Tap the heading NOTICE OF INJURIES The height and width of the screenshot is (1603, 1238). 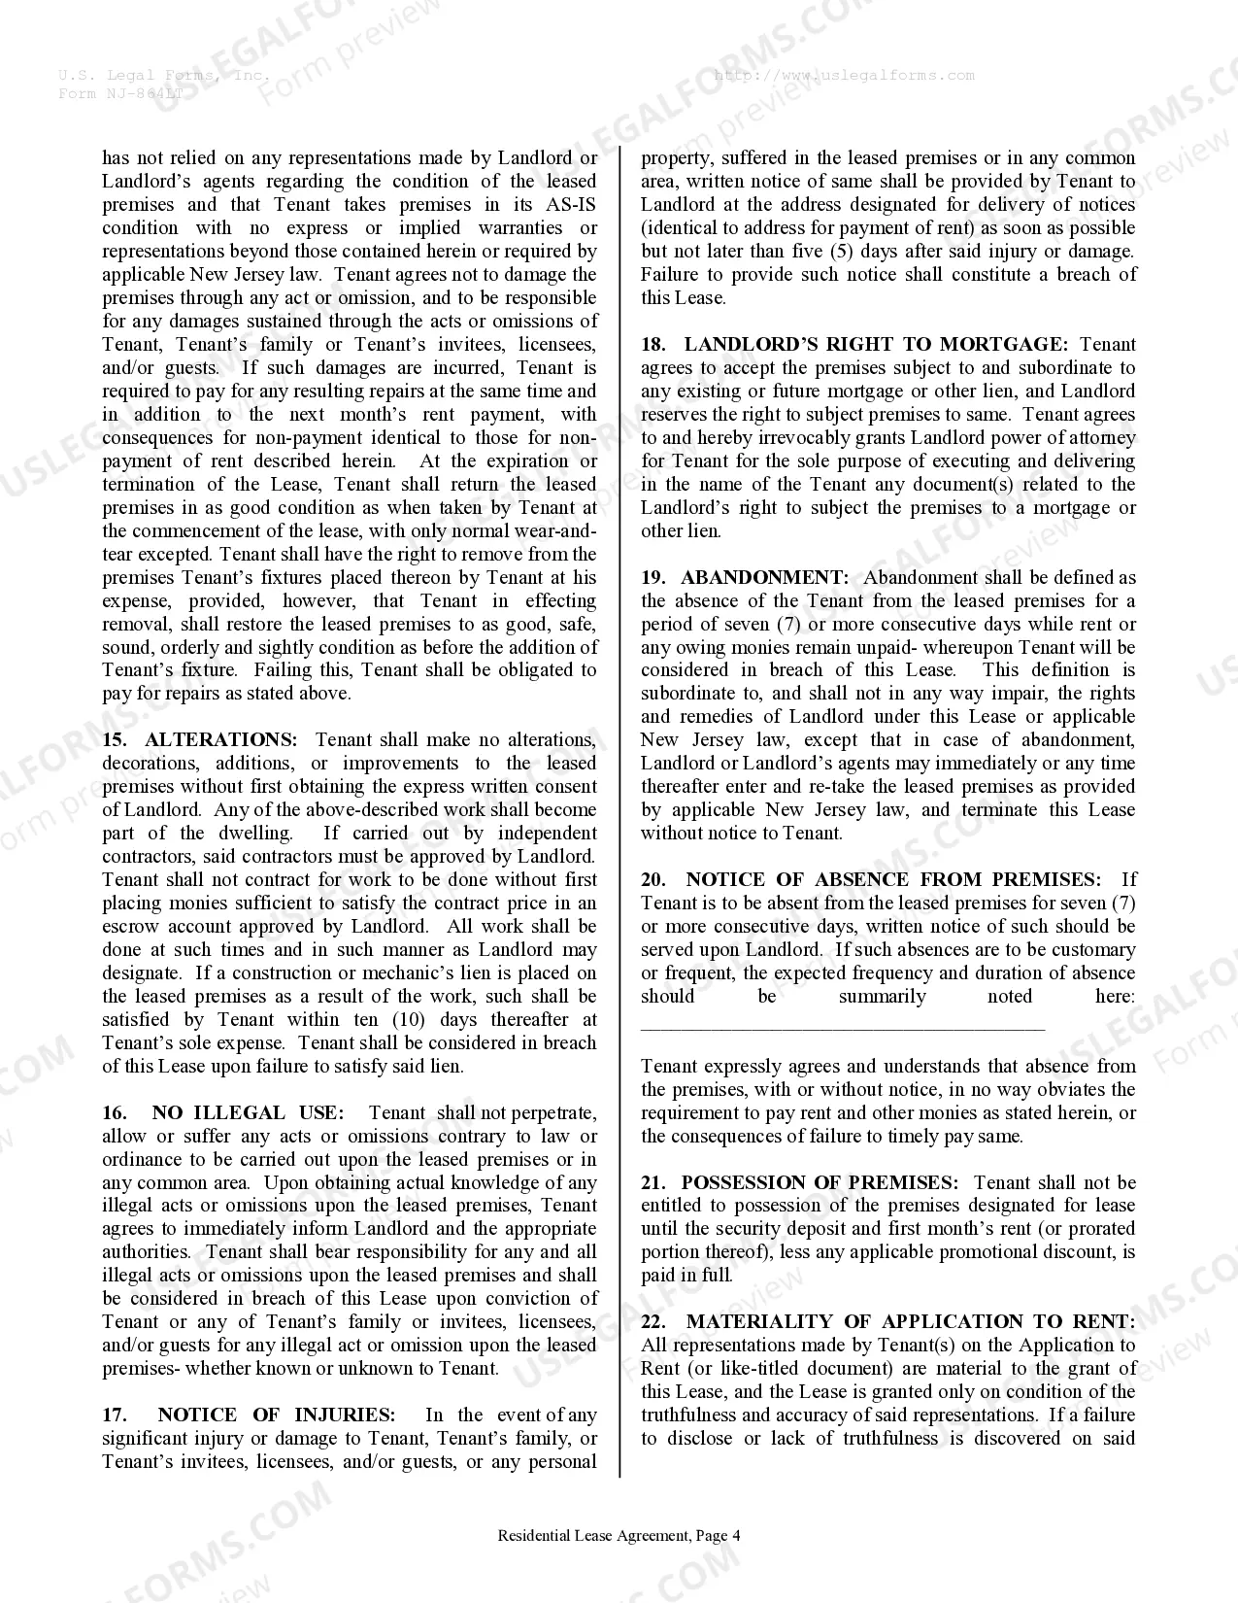coord(276,1415)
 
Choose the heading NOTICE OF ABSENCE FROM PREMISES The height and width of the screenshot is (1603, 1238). coord(893,880)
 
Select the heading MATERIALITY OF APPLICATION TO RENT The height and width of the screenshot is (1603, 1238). coord(909,1322)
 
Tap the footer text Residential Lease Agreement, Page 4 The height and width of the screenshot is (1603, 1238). coord(619,1536)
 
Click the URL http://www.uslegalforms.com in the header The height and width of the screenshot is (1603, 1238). coord(844,75)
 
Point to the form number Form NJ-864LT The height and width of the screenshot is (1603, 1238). coord(119,93)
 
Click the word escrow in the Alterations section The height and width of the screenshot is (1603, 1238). coord(131,927)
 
